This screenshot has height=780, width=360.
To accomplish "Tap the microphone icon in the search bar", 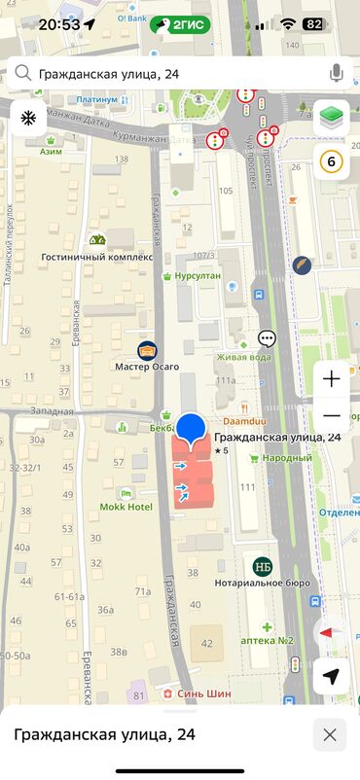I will tap(336, 73).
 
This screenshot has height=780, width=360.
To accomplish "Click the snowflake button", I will tap(27, 119).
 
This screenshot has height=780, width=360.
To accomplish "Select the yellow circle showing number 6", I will tap(333, 161).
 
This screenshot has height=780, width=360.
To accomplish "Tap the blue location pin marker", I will tap(192, 428).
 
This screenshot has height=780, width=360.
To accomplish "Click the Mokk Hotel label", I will tap(126, 507).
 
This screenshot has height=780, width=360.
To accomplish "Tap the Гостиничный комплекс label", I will tap(97, 257).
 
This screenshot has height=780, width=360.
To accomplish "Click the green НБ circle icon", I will tap(263, 566).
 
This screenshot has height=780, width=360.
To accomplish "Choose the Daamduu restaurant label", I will tap(245, 421).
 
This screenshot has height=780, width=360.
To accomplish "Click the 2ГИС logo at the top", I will tap(180, 23).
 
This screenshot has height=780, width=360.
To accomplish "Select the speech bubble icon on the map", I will tap(268, 338).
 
